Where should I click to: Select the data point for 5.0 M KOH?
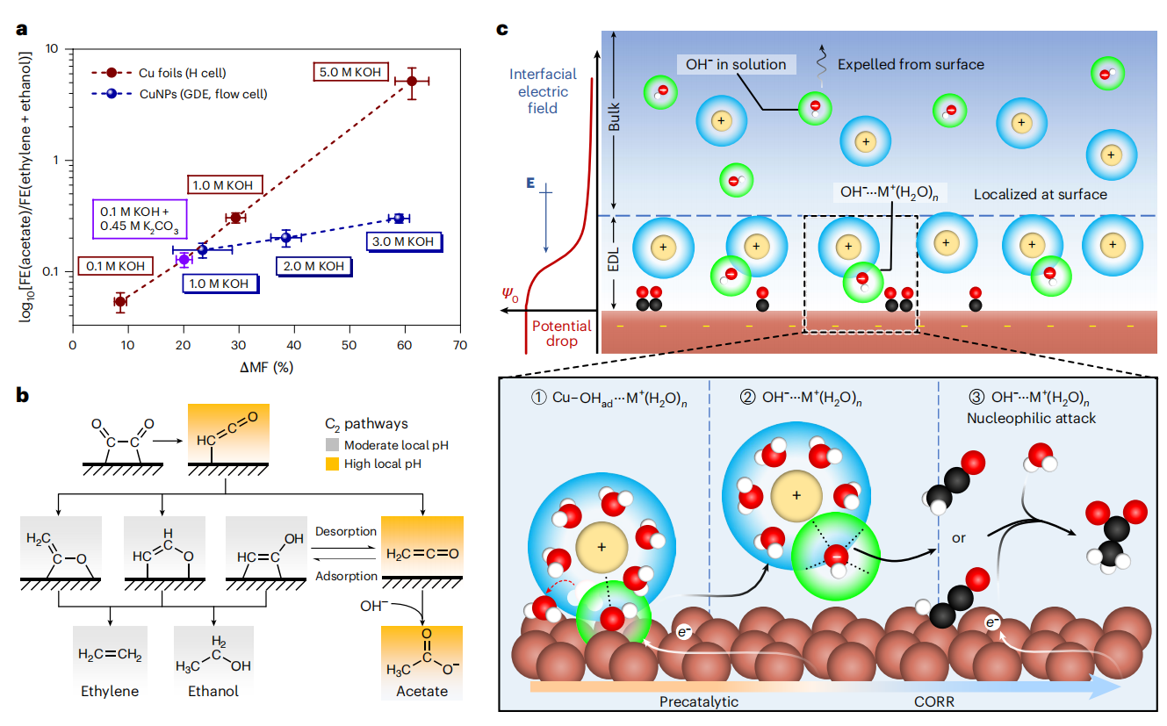pyautogui.click(x=412, y=81)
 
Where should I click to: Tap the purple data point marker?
pyautogui.click(x=184, y=259)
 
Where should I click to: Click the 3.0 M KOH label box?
pyautogui.click(x=403, y=241)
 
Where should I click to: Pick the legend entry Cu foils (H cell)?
pyautogui.click(x=175, y=72)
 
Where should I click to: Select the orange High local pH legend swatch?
pyautogui.click(x=332, y=463)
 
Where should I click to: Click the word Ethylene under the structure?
pyautogui.click(x=109, y=691)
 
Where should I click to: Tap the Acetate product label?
pyautogui.click(x=422, y=691)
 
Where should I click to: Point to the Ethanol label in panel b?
pyautogui.click(x=213, y=691)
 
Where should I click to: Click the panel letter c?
pyautogui.click(x=502, y=29)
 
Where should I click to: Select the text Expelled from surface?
pyautogui.click(x=911, y=64)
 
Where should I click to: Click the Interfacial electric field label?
pyautogui.click(x=538, y=91)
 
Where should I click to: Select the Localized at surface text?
pyautogui.click(x=1041, y=194)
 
